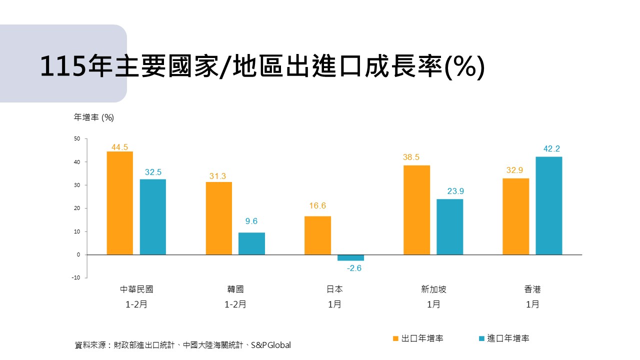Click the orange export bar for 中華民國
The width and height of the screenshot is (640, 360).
(120, 203)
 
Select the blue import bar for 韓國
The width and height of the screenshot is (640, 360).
(251, 243)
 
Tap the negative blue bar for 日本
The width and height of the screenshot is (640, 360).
(350, 257)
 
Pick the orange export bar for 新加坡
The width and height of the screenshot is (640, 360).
(416, 210)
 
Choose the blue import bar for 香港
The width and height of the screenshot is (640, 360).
(548, 205)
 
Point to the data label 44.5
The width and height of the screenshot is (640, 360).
(120, 147)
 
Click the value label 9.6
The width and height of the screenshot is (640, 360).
(251, 221)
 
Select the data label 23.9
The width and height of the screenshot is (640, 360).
(449, 191)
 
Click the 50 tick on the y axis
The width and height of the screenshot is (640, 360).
(77, 138)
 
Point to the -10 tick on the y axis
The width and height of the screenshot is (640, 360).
(75, 277)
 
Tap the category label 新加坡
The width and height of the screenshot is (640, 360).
(433, 289)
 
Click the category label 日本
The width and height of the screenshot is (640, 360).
(334, 289)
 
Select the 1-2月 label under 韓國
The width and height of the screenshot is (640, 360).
(235, 304)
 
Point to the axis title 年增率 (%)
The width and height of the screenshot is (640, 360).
(94, 117)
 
